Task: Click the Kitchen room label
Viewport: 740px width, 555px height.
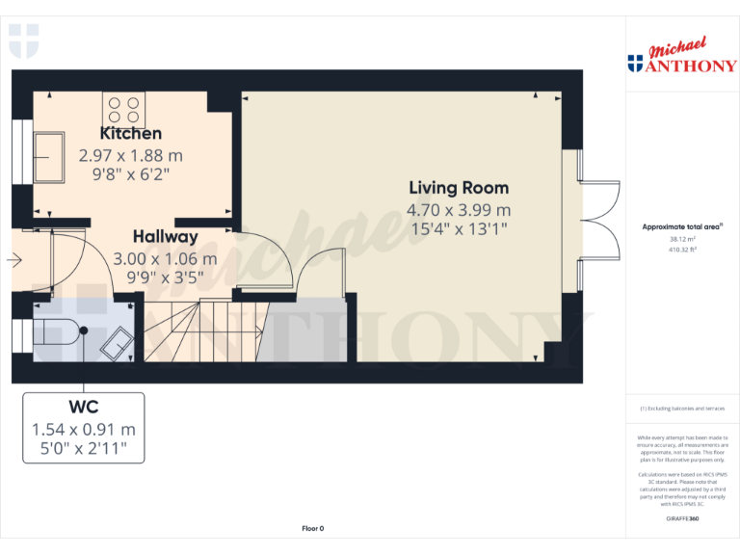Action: click(131, 134)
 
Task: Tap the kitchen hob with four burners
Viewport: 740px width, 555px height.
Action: click(122, 108)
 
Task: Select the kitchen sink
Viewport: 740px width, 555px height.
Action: click(49, 156)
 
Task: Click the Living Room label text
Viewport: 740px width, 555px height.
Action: click(459, 188)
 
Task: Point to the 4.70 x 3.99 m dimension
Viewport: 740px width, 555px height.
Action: click(459, 209)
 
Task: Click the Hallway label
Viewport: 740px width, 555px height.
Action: click(166, 237)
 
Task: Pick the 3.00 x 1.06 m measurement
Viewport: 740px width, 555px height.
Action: click(166, 259)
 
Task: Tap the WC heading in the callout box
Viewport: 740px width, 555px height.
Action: click(84, 407)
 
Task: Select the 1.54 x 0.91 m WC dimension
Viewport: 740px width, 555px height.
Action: click(84, 429)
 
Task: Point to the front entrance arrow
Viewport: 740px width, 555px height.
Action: click(13, 259)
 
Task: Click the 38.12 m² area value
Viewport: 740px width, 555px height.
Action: click(682, 240)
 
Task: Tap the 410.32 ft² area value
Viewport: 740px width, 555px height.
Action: click(682, 250)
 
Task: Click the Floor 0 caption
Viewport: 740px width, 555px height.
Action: click(312, 528)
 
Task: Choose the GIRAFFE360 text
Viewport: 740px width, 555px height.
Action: click(682, 519)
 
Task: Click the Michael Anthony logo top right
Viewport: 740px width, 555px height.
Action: click(681, 58)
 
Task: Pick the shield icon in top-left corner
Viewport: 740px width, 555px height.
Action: click(24, 41)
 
